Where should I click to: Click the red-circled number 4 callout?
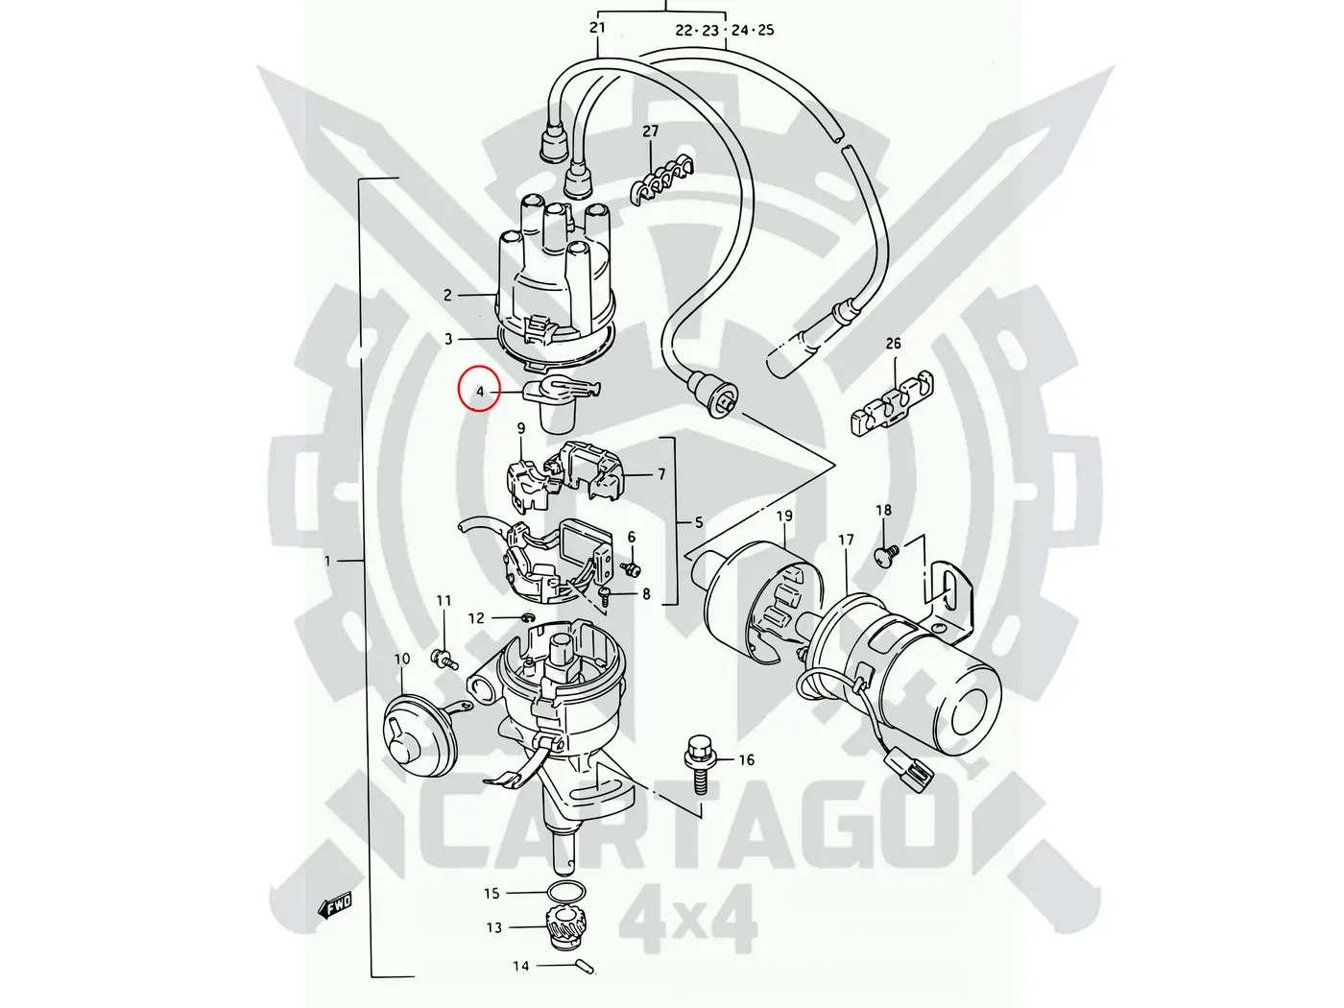pyautogui.click(x=479, y=390)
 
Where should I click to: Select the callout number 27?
pyautogui.click(x=651, y=132)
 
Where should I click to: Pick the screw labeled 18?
pyautogui.click(x=886, y=554)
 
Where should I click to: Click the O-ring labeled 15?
pyautogui.click(x=567, y=891)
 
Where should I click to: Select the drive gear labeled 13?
pyautogui.click(x=567, y=924)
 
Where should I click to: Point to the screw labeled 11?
pyautogui.click(x=444, y=659)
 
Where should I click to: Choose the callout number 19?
pyautogui.click(x=784, y=516)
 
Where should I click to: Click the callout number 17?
pyautogui.click(x=846, y=540)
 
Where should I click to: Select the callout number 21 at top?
pyautogui.click(x=598, y=27)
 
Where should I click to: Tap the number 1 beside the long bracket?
pyautogui.click(x=327, y=561)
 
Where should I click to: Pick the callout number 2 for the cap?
pyautogui.click(x=447, y=295)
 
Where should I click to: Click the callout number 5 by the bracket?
pyautogui.click(x=699, y=523)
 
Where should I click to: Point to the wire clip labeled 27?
pyautogui.click(x=662, y=180)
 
